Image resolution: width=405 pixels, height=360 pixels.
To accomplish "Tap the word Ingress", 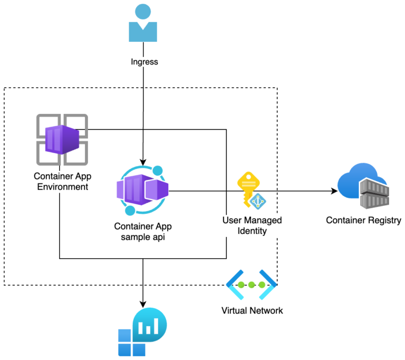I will click(x=144, y=62).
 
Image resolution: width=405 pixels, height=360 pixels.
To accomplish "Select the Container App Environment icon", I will click(x=62, y=139).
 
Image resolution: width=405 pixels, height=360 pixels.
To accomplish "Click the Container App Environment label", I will click(x=61, y=182).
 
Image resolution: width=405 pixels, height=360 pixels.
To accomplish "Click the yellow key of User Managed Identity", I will click(x=247, y=187).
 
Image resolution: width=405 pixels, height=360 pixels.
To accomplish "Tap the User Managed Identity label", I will click(x=252, y=225).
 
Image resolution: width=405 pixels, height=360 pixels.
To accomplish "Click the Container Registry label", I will click(x=364, y=221).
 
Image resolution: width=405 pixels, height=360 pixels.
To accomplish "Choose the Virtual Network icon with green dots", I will click(x=252, y=285).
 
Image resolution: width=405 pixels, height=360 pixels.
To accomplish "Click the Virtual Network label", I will click(x=252, y=310).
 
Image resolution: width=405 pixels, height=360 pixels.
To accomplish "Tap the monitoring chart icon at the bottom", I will click(x=142, y=332).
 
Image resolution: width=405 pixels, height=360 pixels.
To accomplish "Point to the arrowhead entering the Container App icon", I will click(x=142, y=162).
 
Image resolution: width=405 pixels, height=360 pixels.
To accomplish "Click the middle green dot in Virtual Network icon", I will click(x=252, y=285).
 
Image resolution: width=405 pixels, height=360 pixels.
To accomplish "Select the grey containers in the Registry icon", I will click(x=374, y=193).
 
